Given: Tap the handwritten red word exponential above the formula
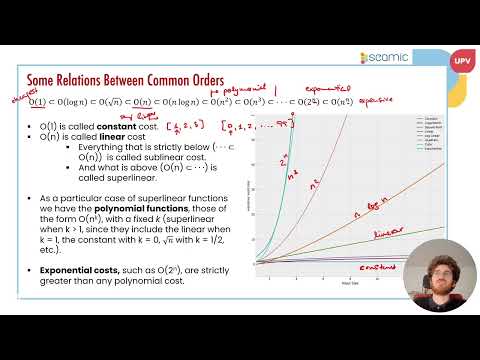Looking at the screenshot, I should point(326,86).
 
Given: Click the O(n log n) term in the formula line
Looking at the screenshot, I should point(182,102).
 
